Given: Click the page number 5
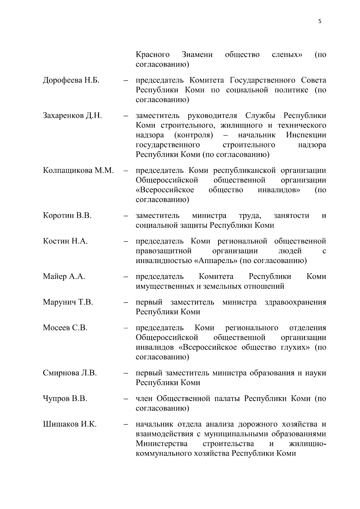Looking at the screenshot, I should (319, 21).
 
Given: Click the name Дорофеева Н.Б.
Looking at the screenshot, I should (71, 80).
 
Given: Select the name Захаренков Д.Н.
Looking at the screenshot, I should (72, 116).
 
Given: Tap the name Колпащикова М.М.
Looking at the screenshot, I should (78, 171).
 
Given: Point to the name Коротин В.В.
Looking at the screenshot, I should (67, 216).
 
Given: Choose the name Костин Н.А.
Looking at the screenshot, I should (65, 241).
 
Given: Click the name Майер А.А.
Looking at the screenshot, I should (64, 277).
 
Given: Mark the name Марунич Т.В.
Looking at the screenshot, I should (68, 302).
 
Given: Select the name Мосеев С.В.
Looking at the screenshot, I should (65, 328).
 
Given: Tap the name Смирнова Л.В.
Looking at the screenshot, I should (70, 373).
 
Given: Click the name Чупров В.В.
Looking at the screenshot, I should (65, 399).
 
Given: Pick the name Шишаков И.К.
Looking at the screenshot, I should (70, 424).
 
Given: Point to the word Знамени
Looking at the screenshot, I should (197, 55).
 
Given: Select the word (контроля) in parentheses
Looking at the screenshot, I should (193, 135).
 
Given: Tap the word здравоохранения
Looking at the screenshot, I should (295, 302).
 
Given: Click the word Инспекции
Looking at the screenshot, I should (306, 135).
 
